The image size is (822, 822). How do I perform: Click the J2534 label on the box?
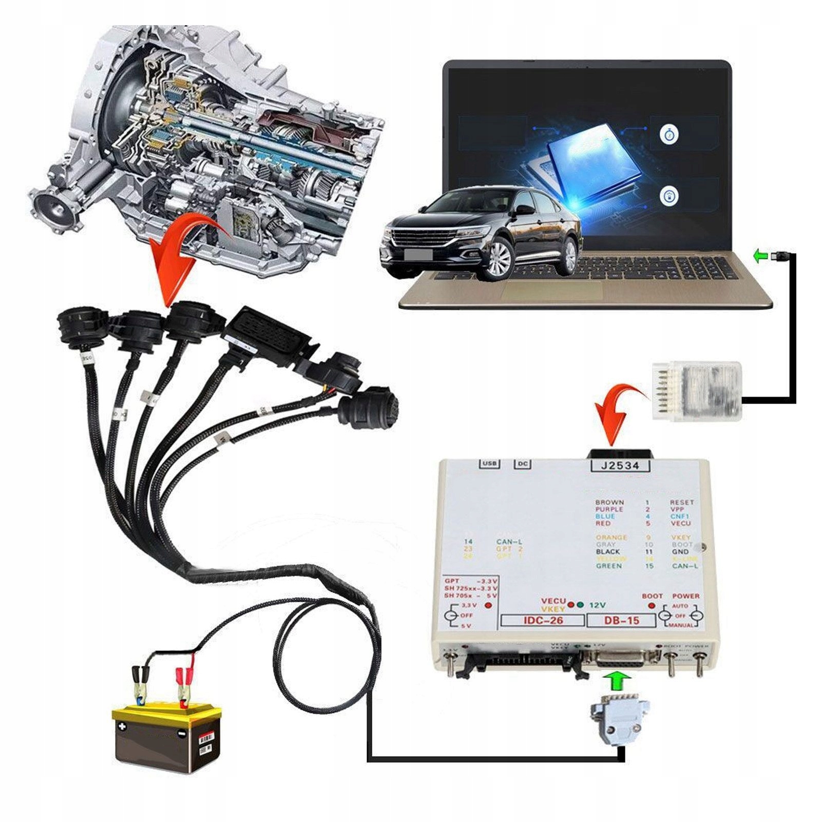pyautogui.click(x=620, y=465)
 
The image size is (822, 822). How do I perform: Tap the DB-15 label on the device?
pyautogui.click(x=621, y=620)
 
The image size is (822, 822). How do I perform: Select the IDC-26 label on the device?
pyautogui.click(x=543, y=620)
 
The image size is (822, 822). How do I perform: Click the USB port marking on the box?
pyautogui.click(x=489, y=464)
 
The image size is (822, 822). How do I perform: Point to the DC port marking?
pyautogui.click(x=522, y=464)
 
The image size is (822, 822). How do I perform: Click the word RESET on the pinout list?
pyautogui.click(x=681, y=502)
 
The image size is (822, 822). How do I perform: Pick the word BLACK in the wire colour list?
pyautogui.click(x=608, y=551)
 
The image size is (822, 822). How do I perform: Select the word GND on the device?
pyautogui.click(x=680, y=551)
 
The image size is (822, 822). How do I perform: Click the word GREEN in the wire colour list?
pyautogui.click(x=609, y=566)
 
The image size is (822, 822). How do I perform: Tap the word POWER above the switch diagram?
pyautogui.click(x=685, y=596)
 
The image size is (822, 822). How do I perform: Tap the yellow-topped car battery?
pyautogui.click(x=167, y=737)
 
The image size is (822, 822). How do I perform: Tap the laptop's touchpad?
pyautogui.click(x=552, y=291)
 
